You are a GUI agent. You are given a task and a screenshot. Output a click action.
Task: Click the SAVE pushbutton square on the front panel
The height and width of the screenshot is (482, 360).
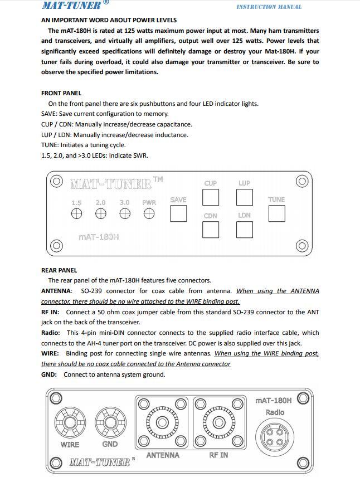tap(178, 214)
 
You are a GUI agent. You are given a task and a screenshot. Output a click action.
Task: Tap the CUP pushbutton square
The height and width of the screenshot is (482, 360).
tap(210, 197)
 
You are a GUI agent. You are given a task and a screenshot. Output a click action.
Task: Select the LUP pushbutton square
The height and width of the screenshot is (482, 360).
tap(245, 197)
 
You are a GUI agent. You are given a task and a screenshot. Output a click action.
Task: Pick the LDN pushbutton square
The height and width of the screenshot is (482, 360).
tap(245, 230)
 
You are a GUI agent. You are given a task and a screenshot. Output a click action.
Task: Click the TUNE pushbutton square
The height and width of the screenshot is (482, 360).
tap(276, 213)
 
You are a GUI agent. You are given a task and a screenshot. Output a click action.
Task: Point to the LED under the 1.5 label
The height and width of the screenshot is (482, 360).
tap(76, 214)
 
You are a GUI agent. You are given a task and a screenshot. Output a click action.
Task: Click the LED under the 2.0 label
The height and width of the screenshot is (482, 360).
tap(100, 214)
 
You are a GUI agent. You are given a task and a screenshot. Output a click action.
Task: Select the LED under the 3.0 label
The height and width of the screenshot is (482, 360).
tap(125, 214)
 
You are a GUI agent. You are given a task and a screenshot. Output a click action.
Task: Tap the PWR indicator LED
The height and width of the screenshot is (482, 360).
tap(149, 214)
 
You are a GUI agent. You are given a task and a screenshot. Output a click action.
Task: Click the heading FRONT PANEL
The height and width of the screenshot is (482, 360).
tap(61, 93)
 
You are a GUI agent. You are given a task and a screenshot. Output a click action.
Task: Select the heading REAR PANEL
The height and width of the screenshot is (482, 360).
tap(59, 270)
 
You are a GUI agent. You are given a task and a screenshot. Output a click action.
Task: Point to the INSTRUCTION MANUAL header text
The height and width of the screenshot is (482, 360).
tap(269, 7)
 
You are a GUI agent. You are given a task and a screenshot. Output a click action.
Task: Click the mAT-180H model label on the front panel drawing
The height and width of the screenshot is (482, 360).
tap(99, 237)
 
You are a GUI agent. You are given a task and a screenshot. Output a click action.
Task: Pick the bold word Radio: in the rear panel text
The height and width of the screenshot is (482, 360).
tap(51, 333)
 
